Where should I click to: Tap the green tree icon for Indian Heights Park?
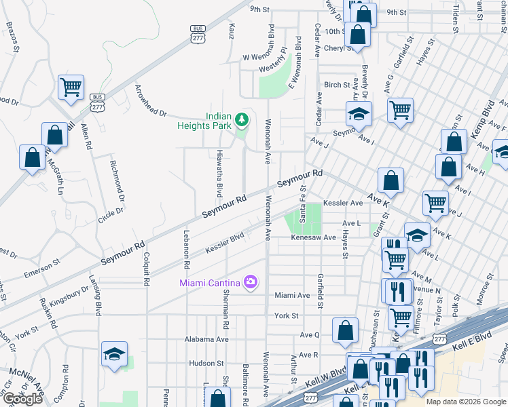coord(241,121)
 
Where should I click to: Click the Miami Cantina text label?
coord(209,282)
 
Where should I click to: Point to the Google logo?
coord(22,399)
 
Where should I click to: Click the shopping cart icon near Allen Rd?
coord(71,87)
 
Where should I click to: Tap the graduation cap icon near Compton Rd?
coord(114,353)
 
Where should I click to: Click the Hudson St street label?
coord(202,363)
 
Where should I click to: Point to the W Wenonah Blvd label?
coord(259,58)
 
